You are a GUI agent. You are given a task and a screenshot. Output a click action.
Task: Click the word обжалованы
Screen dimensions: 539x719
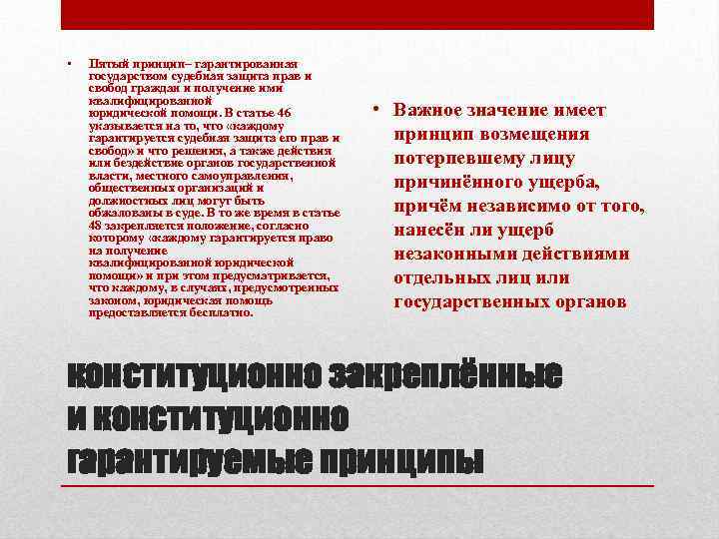tap(124, 213)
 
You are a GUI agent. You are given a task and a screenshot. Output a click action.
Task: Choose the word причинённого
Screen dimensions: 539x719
tap(464, 183)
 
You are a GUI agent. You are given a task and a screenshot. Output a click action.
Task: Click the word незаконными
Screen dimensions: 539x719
tap(458, 255)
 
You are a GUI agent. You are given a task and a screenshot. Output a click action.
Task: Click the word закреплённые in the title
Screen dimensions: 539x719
tap(443, 375)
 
